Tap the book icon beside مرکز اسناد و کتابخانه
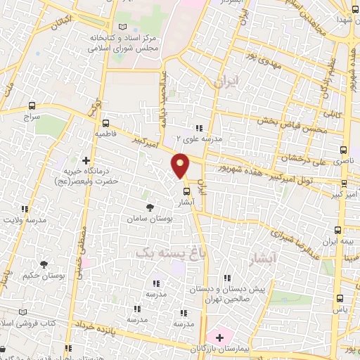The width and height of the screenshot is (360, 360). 124,27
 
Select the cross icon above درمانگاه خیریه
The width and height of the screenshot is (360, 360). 86,161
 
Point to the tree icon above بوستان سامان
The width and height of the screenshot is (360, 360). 150,207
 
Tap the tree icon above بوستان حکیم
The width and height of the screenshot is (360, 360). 44,264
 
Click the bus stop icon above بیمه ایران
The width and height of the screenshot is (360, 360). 338,229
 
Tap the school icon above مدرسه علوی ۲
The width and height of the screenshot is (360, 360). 200,128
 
